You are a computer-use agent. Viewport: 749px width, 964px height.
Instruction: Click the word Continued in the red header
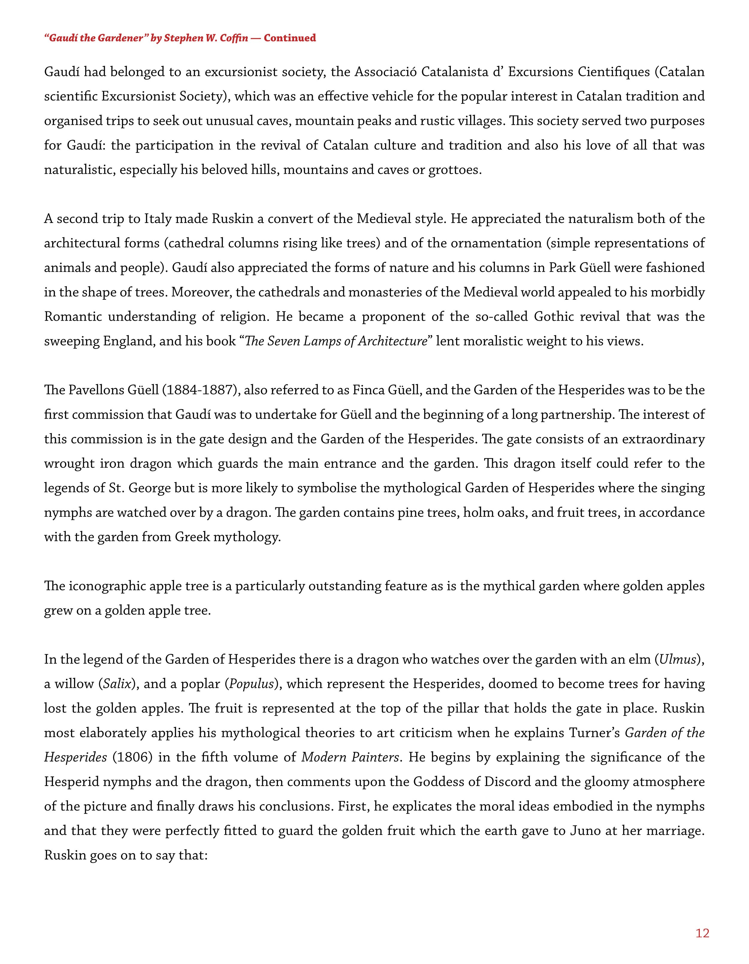coord(290,38)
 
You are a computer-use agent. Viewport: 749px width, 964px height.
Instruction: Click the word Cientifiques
coord(614,72)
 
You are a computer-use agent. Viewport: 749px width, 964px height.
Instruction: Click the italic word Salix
coord(117,684)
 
